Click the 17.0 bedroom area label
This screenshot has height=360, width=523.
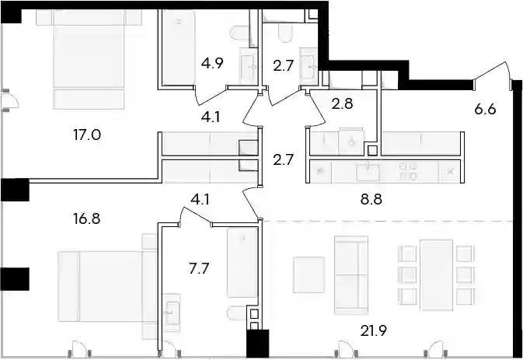coord(87,135)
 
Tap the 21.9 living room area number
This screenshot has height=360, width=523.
coord(374,331)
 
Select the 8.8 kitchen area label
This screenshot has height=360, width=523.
coord(371,200)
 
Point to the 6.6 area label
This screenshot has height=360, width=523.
coord(485,109)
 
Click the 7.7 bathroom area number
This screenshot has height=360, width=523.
coord(199,268)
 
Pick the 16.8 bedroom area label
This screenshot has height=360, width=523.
coord(87,218)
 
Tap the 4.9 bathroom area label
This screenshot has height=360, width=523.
coord(212,63)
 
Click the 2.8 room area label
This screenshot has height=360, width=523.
coord(342,103)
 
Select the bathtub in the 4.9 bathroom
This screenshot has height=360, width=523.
coord(179,47)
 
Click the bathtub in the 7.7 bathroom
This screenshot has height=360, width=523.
coord(242,263)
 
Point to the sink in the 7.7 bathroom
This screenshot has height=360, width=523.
coord(173,313)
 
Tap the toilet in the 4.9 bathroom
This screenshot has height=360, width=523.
coord(239,33)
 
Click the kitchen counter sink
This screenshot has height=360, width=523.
coord(368,172)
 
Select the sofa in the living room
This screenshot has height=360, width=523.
coord(351,275)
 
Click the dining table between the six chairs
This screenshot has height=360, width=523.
coord(436,275)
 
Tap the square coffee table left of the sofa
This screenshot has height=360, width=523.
coord(309,274)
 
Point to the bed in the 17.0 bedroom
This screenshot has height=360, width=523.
coord(89,59)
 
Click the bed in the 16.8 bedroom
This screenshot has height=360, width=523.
coord(107,286)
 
